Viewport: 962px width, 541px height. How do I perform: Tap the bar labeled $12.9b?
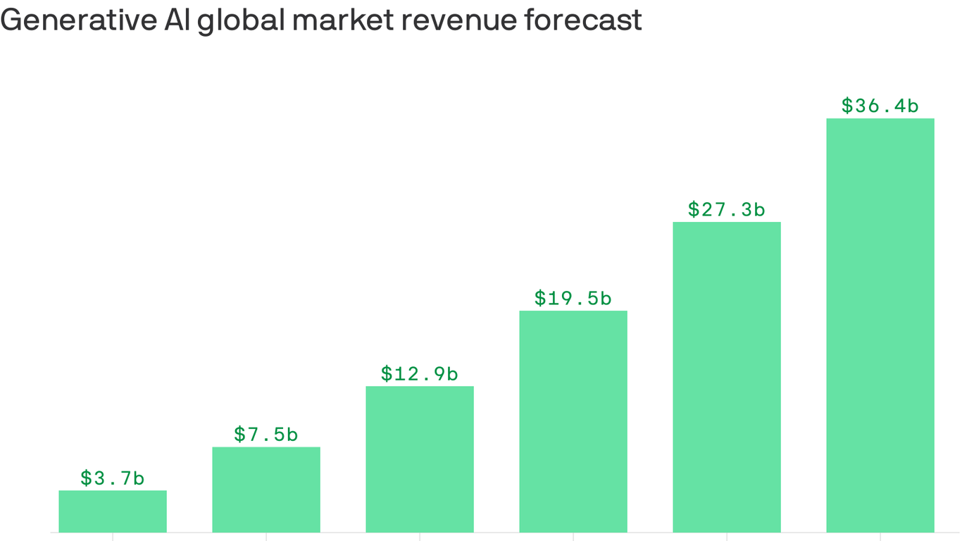420,459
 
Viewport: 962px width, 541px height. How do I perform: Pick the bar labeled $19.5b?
573,421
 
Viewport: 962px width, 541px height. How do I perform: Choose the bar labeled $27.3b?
727,377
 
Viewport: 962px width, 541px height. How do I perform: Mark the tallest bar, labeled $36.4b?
880,325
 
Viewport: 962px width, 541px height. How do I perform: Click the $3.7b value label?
113,478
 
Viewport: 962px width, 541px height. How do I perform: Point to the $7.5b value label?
266,435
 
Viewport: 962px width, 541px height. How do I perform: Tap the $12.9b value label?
420,373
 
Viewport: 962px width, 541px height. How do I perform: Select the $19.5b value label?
573,298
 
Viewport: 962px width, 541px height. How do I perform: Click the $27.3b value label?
727,209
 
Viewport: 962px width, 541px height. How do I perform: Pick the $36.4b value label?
880,106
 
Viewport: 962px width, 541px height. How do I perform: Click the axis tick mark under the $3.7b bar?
113,536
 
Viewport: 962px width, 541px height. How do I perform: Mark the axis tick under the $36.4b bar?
880,536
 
